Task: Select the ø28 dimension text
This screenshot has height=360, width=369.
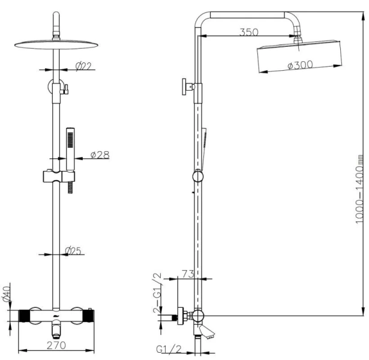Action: click(x=100, y=155)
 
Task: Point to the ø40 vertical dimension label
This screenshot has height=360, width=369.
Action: click(x=7, y=295)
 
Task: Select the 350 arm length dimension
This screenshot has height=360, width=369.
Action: click(x=249, y=32)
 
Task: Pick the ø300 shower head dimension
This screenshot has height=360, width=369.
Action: click(x=300, y=66)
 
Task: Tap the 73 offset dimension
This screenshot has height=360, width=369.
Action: click(x=187, y=274)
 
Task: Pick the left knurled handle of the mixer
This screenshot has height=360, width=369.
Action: click(x=25, y=314)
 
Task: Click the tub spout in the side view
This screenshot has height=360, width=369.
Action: click(x=206, y=334)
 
